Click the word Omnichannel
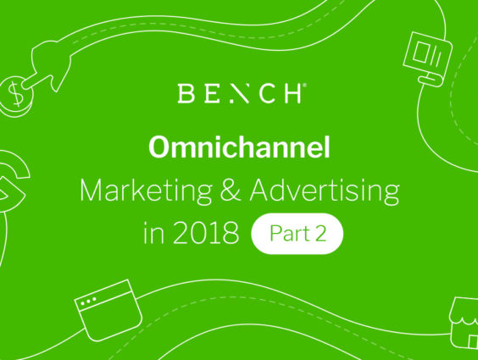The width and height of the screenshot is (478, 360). click(x=239, y=147)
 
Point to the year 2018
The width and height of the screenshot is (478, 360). click(x=206, y=233)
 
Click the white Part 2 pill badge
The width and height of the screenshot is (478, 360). click(x=297, y=234)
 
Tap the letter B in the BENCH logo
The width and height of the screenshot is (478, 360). click(x=186, y=93)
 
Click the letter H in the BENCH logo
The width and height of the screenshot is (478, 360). click(x=292, y=93)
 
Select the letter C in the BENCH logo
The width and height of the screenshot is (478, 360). click(x=267, y=93)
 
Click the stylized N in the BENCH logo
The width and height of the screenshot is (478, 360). click(x=240, y=93)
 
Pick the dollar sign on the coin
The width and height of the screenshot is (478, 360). click(x=15, y=93)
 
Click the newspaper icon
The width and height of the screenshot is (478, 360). click(x=428, y=58)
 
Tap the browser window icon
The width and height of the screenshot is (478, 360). click(x=108, y=310)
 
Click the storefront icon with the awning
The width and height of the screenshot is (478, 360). click(x=464, y=322)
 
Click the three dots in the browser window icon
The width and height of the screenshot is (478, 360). click(x=88, y=301)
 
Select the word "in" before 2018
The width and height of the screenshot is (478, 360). click(x=154, y=234)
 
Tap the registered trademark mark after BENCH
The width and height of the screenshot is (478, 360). click(x=304, y=86)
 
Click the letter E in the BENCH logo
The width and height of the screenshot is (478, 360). click(x=212, y=93)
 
